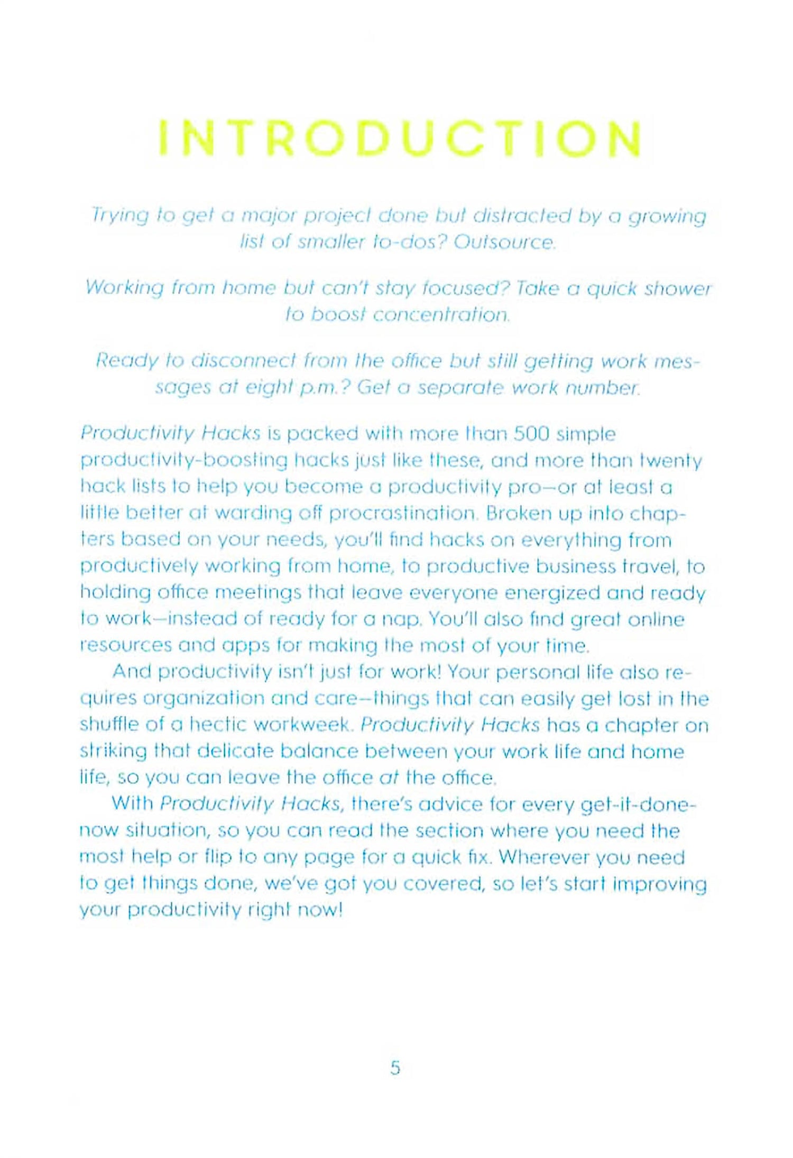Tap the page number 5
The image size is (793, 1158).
395,1068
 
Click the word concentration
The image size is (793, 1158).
441,315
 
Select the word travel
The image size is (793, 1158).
651,566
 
